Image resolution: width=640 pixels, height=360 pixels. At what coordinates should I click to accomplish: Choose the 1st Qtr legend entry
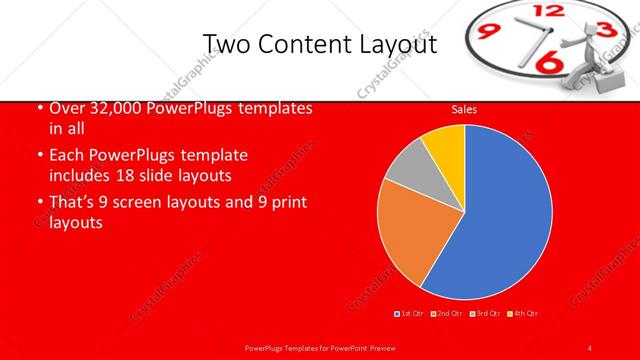point(410,314)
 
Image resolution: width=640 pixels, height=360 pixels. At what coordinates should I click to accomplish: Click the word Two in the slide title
point(225,44)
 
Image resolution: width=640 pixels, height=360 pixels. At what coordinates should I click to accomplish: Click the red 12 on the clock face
point(549,11)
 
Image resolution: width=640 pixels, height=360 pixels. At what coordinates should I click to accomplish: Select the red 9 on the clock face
point(491,32)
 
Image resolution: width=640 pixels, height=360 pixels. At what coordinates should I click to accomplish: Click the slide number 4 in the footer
point(590,347)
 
